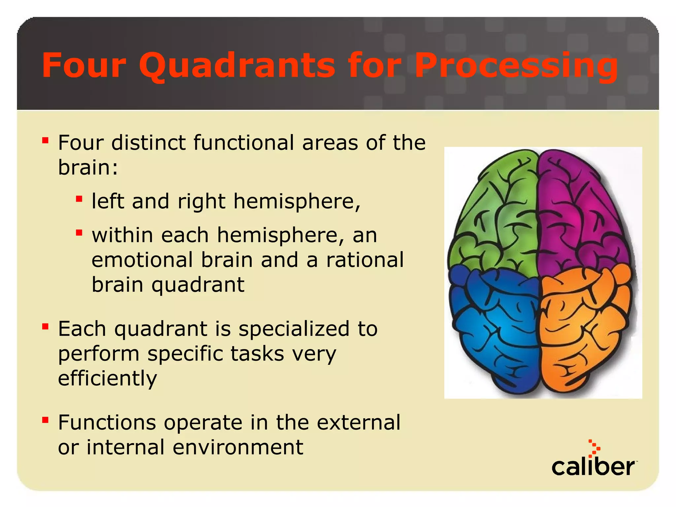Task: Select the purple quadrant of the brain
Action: point(581,215)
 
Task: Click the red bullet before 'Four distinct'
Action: point(45,141)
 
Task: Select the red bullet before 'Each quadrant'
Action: point(45,327)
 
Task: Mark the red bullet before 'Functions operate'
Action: point(45,420)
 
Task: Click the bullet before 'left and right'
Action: point(79,199)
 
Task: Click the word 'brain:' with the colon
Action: point(88,167)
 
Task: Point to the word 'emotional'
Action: point(142,260)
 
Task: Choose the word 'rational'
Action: point(365,260)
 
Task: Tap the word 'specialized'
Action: point(294,329)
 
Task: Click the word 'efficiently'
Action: point(107,378)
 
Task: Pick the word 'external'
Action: point(358,422)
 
